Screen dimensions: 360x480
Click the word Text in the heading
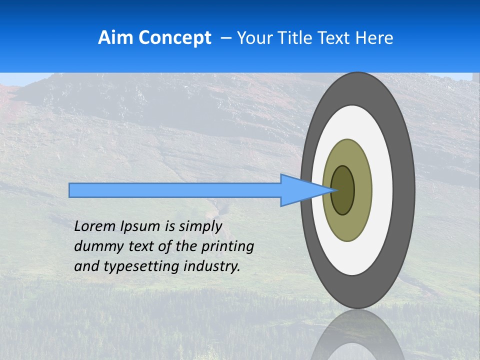point(335,37)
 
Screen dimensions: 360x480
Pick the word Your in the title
point(254,37)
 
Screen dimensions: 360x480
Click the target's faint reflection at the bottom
point(357,335)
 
